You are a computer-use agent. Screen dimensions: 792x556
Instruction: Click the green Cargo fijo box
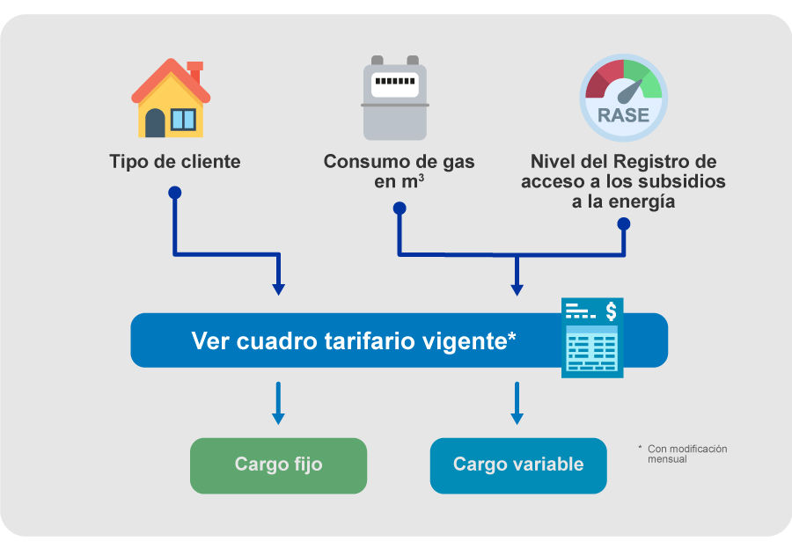[278, 465]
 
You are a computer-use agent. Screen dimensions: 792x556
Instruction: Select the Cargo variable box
[518, 465]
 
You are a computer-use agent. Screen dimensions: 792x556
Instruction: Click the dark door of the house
[155, 123]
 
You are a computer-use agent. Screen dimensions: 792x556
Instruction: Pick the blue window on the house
[183, 120]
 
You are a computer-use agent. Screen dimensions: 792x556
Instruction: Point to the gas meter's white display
[395, 84]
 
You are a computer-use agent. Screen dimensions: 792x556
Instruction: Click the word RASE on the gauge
[623, 115]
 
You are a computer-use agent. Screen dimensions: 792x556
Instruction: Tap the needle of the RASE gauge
[629, 91]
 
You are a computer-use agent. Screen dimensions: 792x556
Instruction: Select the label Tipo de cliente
[175, 162]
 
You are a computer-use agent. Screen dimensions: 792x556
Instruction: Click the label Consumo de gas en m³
[399, 172]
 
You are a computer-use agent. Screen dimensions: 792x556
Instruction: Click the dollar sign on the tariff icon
[612, 311]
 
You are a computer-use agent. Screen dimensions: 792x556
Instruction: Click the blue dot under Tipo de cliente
[175, 193]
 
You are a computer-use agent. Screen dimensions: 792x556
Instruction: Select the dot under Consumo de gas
[400, 208]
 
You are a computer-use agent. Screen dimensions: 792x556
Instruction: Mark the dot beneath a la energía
[624, 223]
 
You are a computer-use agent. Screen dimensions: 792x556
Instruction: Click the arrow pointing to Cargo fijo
[278, 403]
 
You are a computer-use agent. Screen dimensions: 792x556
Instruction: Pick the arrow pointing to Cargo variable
[517, 403]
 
